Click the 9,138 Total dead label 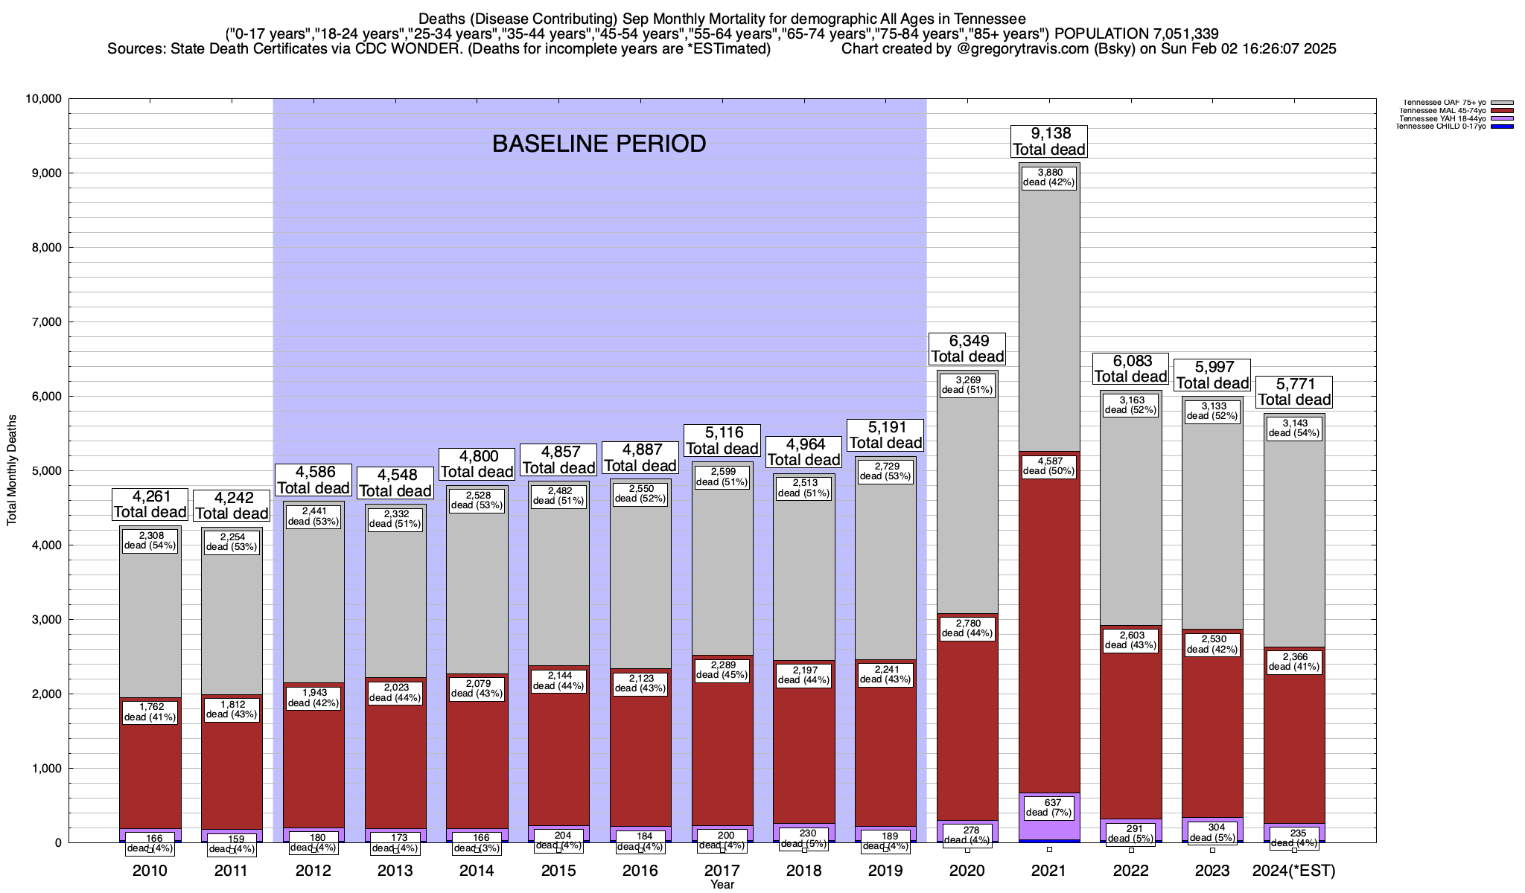(1049, 141)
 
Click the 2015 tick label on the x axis (558, 871)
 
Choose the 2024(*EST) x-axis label (1294, 871)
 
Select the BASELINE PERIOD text (599, 144)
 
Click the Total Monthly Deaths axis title (12, 470)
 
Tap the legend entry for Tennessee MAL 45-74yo (1442, 111)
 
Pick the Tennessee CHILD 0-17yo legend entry (1442, 127)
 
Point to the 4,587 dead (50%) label (1049, 465)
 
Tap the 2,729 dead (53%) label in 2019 (885, 471)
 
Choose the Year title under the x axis (722, 885)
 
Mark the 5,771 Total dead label (1295, 392)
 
